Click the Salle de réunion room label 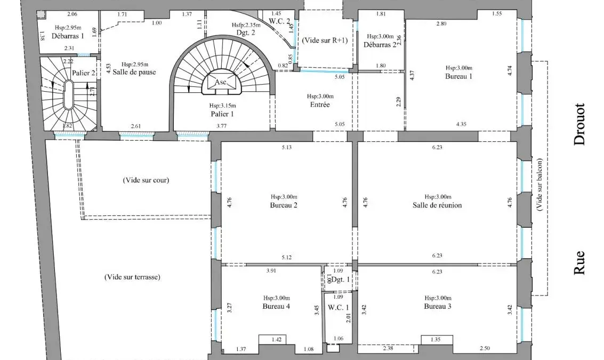(x=437, y=205)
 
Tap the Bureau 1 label (x=458, y=76)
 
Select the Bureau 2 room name (x=284, y=205)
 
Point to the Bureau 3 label (x=438, y=307)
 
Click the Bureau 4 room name (x=276, y=307)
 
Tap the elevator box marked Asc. (x=221, y=82)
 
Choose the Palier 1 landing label (x=222, y=114)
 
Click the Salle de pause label (x=134, y=72)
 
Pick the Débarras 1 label (x=68, y=36)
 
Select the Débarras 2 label (x=380, y=45)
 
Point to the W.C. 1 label (x=339, y=308)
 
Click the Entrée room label (x=320, y=105)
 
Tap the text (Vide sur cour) (x=146, y=180)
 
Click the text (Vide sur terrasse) (x=132, y=277)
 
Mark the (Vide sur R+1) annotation (x=325, y=40)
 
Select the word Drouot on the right (x=579, y=124)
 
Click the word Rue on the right (x=579, y=263)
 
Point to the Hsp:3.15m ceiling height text (x=223, y=106)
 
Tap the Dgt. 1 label (x=341, y=279)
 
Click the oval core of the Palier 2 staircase (x=69, y=95)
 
